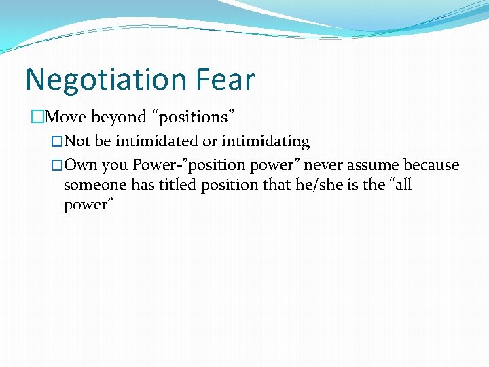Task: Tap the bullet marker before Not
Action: (57, 142)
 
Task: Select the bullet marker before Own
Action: (57, 166)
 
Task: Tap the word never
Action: (323, 165)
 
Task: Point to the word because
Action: (432, 165)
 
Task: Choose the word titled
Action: (177, 185)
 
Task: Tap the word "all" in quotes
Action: (398, 185)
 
